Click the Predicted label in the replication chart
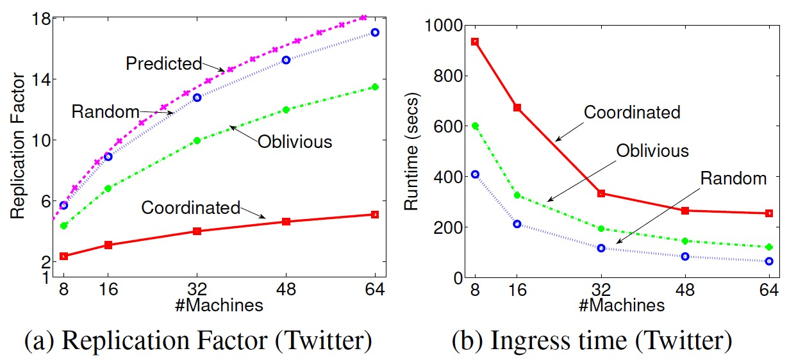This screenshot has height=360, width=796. [163, 63]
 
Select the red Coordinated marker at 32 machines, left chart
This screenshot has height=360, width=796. [197, 231]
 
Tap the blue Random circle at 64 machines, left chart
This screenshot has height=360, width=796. [375, 32]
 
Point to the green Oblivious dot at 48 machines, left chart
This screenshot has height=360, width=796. [286, 110]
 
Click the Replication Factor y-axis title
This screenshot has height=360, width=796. [19, 147]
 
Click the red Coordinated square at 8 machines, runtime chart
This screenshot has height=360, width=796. [475, 42]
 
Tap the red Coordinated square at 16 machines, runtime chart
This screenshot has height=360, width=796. [517, 108]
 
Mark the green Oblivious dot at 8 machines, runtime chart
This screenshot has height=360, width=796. [475, 126]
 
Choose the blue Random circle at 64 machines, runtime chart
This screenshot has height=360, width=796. [769, 261]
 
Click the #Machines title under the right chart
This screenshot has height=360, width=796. [622, 306]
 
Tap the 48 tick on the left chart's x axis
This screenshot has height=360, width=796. [286, 289]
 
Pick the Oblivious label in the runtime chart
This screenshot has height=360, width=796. [652, 151]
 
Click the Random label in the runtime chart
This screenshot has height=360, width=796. [733, 179]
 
